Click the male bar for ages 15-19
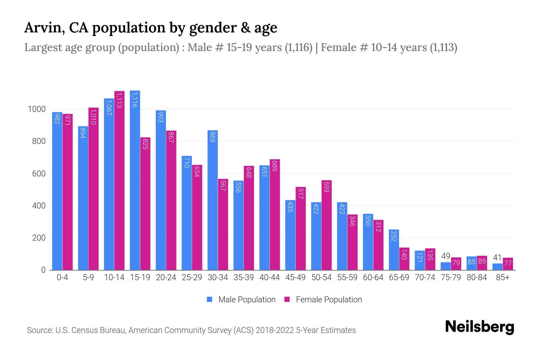pyautogui.click(x=135, y=180)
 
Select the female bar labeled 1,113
pyautogui.click(x=119, y=180)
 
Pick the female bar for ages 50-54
pyautogui.click(x=326, y=225)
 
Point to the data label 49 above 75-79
pyautogui.click(x=445, y=256)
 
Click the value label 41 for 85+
pyautogui.click(x=497, y=257)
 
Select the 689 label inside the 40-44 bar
pyautogui.click(x=274, y=165)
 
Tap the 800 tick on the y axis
pyautogui.click(x=39, y=141)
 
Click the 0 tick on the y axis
pyautogui.click(x=43, y=270)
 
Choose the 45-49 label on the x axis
pyautogui.click(x=295, y=277)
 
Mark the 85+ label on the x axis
pyautogui.click(x=502, y=277)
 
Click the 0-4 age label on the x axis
pyautogui.click(x=62, y=277)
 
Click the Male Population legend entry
pyautogui.click(x=247, y=299)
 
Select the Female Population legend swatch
pyautogui.click(x=287, y=299)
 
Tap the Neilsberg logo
pyautogui.click(x=479, y=327)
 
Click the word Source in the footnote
pyautogui.click(x=39, y=330)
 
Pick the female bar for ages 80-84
pyautogui.click(x=482, y=263)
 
